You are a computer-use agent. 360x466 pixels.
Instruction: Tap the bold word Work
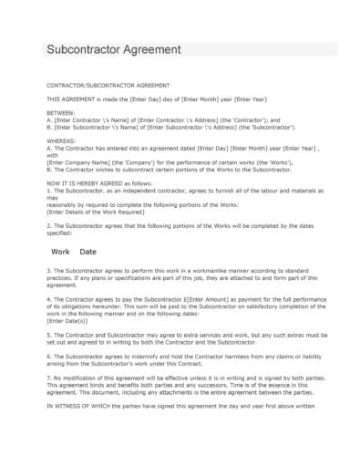pyautogui.click(x=61, y=250)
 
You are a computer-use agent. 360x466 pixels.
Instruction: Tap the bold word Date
pyautogui.click(x=87, y=250)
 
